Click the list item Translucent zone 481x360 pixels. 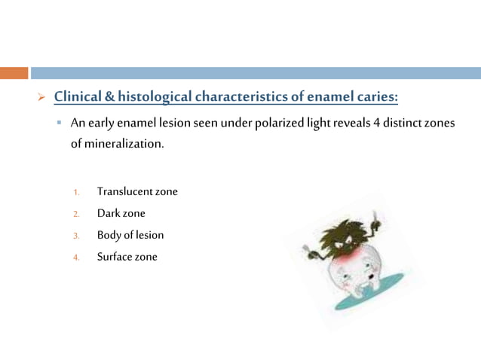point(137,191)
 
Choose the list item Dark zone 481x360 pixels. point(121,213)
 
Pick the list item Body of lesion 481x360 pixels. point(130,235)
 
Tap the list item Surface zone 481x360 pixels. point(127,257)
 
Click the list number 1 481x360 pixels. point(76,192)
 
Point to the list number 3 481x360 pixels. point(76,236)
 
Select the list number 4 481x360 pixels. point(76,258)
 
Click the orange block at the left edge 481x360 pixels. point(14,73)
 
